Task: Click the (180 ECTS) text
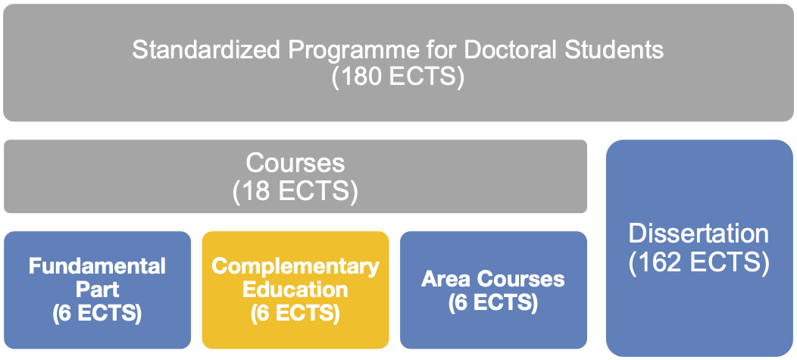pyautogui.click(x=398, y=78)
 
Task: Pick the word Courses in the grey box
pyautogui.click(x=295, y=163)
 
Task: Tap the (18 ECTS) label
pyautogui.click(x=295, y=191)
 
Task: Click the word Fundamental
pyautogui.click(x=97, y=266)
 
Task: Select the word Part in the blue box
pyautogui.click(x=97, y=290)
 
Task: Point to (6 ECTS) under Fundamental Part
pyautogui.click(x=97, y=313)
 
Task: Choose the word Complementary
pyautogui.click(x=295, y=266)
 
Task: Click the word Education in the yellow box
pyautogui.click(x=295, y=290)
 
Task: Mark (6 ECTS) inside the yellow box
pyautogui.click(x=295, y=313)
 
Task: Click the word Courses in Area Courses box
pyautogui.click(x=520, y=279)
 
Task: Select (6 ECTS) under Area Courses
pyautogui.click(x=493, y=302)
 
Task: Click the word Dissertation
pyautogui.click(x=699, y=234)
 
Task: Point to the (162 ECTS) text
pyautogui.click(x=699, y=262)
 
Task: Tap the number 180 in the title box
pyautogui.click(x=364, y=78)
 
